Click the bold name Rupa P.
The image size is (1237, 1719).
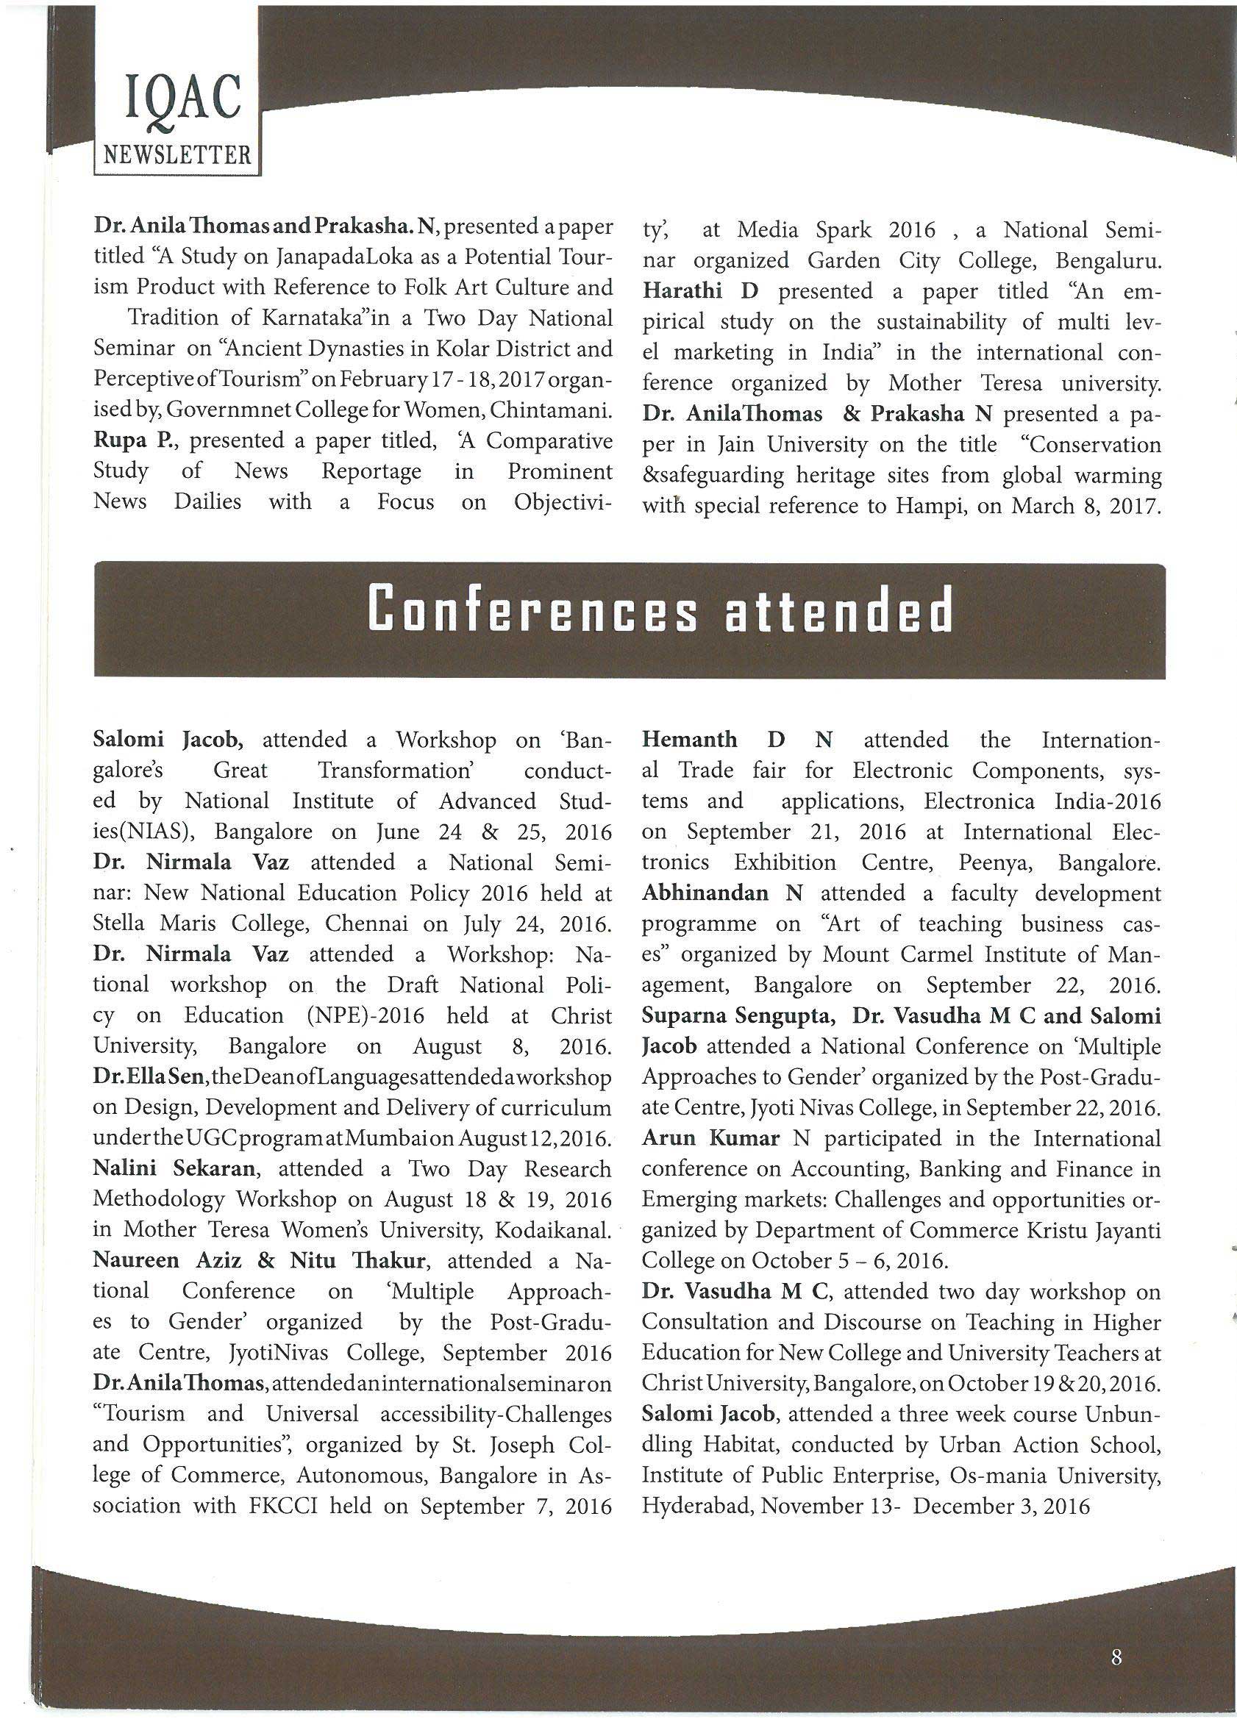click(x=124, y=440)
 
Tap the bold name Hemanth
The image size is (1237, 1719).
click(x=689, y=740)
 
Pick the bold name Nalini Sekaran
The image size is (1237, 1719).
click(x=174, y=1168)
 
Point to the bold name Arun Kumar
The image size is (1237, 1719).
click(x=710, y=1137)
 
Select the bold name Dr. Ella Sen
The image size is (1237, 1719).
click(x=144, y=1077)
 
